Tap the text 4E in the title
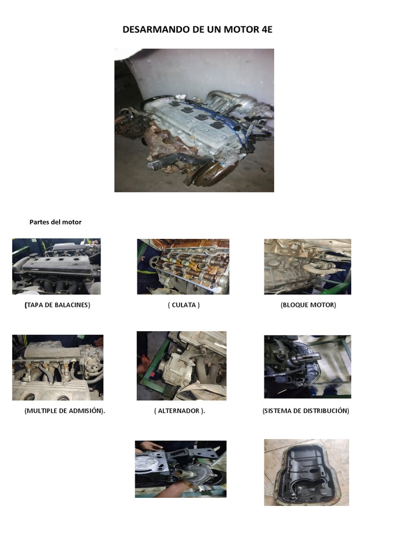tap(266, 30)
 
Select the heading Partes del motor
tap(55, 222)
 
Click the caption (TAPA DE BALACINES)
tap(57, 305)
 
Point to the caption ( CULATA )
tap(184, 305)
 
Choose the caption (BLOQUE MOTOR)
tap(308, 305)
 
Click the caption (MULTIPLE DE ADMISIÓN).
tap(64, 411)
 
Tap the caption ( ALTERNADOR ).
tap(179, 411)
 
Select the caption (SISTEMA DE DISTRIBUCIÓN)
tap(306, 411)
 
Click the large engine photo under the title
tap(194, 120)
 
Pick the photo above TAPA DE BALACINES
tap(56, 266)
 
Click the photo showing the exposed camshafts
tap(183, 266)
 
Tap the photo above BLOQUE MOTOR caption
tap(307, 266)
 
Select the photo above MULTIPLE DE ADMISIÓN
tap(57, 368)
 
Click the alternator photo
tap(181, 365)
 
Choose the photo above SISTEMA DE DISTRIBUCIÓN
tap(307, 367)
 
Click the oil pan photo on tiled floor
tap(306, 472)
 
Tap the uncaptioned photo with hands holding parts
tap(180, 469)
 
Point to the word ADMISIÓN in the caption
tap(86, 411)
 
